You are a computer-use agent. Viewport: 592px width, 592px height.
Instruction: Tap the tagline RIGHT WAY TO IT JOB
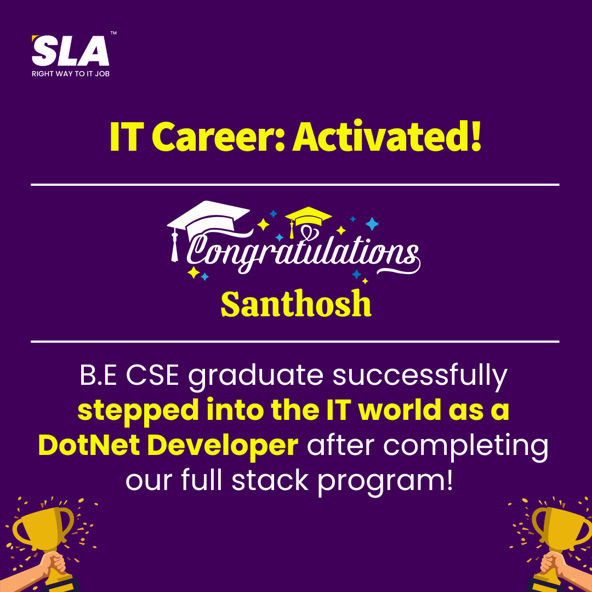[71, 73]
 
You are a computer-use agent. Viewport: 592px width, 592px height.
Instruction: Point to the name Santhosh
[296, 304]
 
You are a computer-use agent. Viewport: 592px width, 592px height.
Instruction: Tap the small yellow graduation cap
[308, 219]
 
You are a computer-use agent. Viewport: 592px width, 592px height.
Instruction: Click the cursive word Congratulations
[302, 251]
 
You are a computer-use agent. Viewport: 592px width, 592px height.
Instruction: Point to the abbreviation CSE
[152, 375]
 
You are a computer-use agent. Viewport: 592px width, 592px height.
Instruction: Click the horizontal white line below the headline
[295, 185]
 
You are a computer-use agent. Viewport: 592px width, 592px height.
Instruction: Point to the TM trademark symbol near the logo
[113, 33]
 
